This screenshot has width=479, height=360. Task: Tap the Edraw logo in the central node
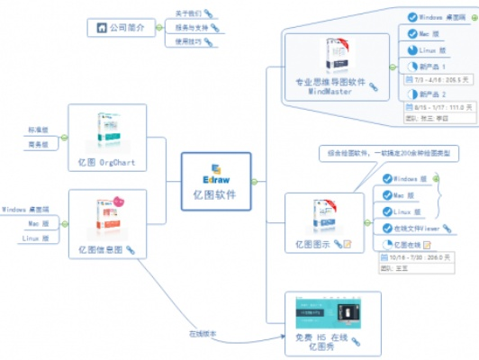[217, 167]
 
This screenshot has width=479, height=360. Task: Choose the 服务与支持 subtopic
[188, 28]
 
